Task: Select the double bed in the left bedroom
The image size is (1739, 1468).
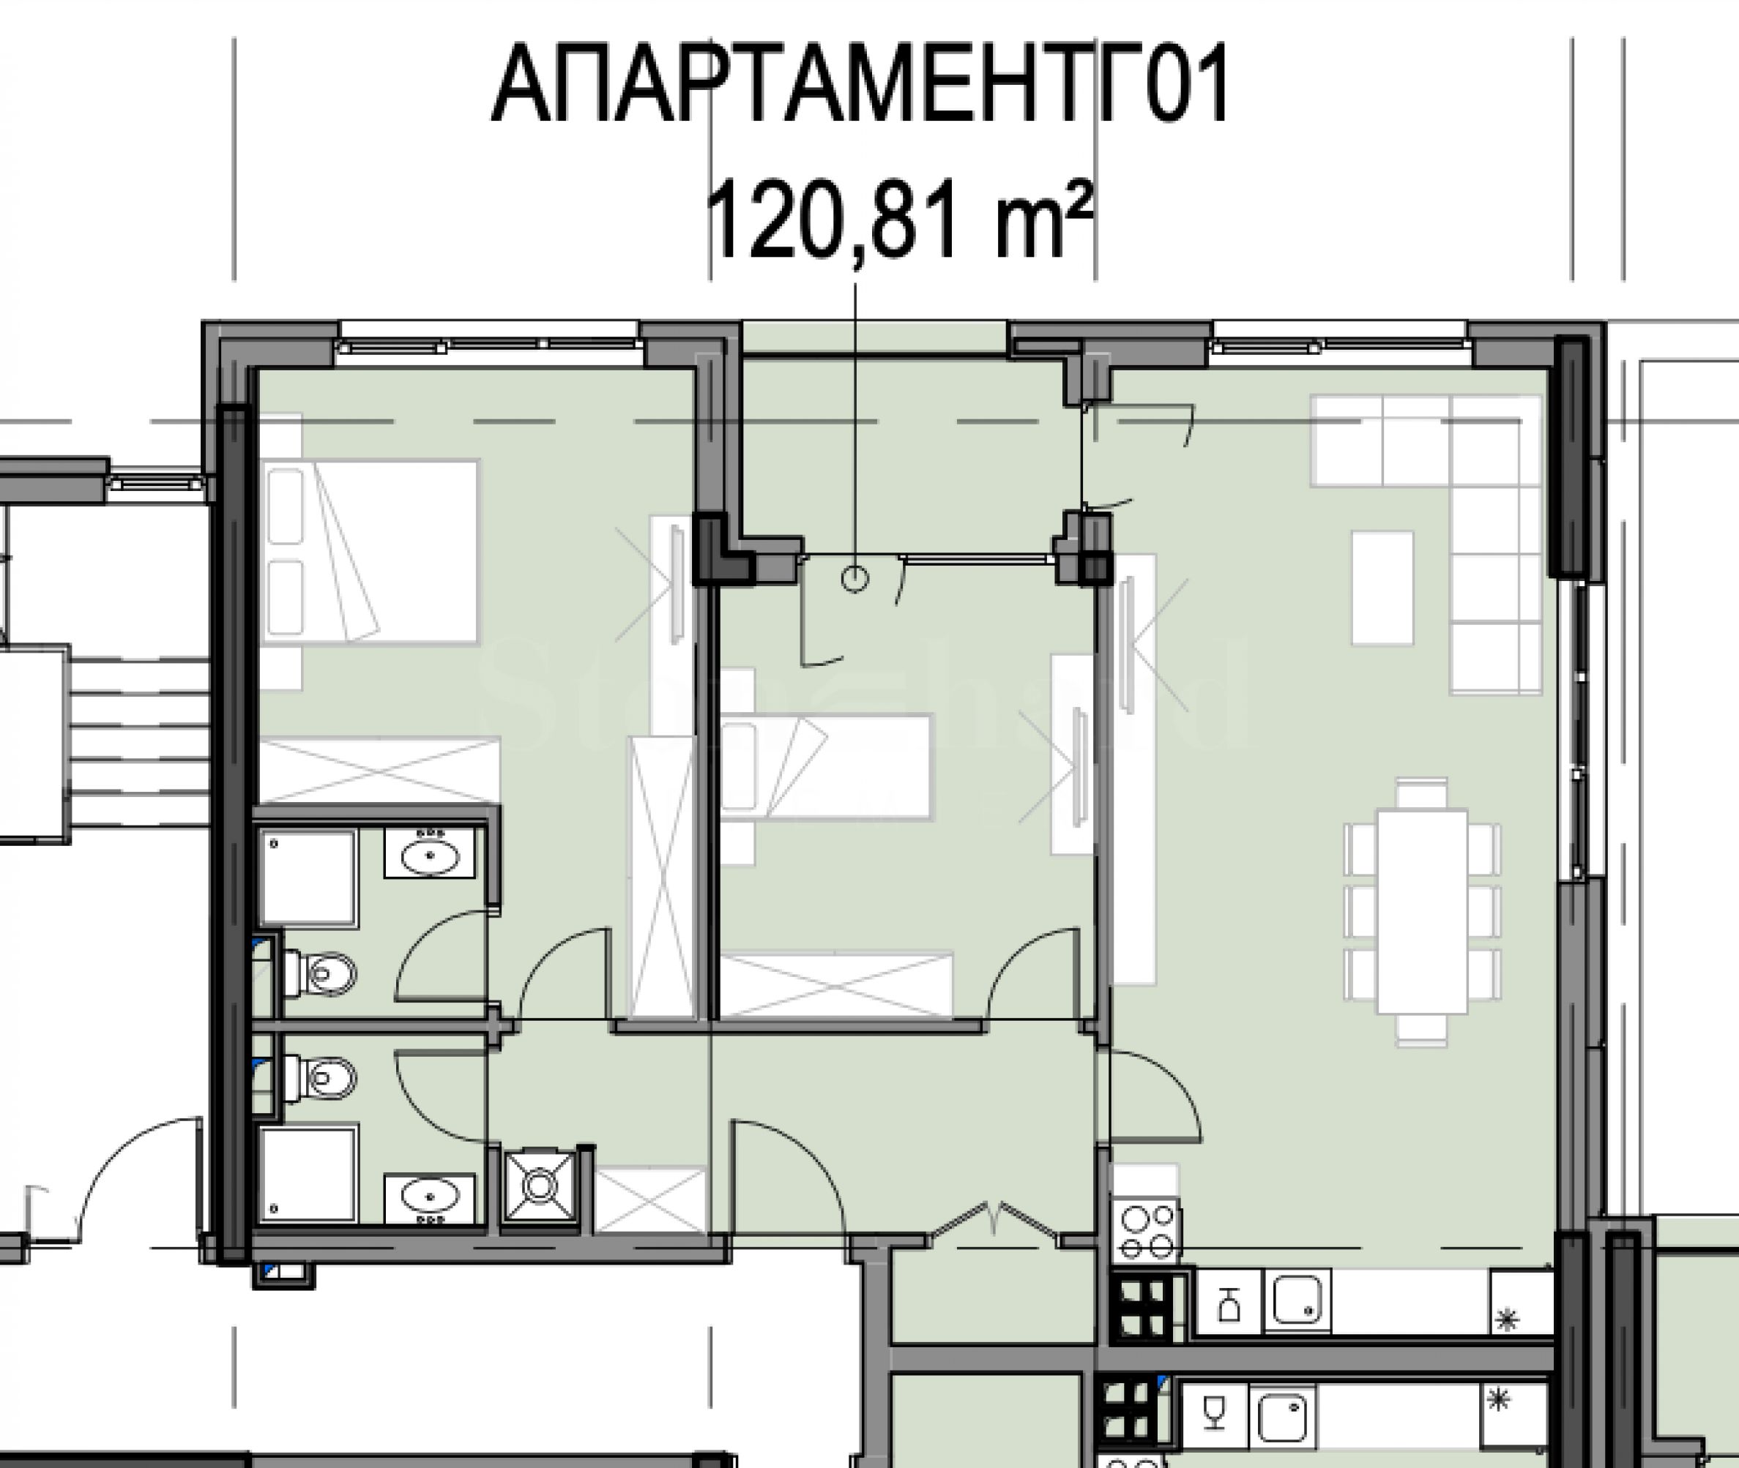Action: point(370,551)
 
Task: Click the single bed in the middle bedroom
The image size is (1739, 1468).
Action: point(825,766)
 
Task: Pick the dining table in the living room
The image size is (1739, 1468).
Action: point(1422,912)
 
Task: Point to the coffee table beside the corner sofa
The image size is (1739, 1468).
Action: point(1382,588)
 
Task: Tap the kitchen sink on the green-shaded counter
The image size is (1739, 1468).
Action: point(1297,1300)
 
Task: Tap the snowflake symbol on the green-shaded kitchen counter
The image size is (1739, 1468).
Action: point(1507,1319)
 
